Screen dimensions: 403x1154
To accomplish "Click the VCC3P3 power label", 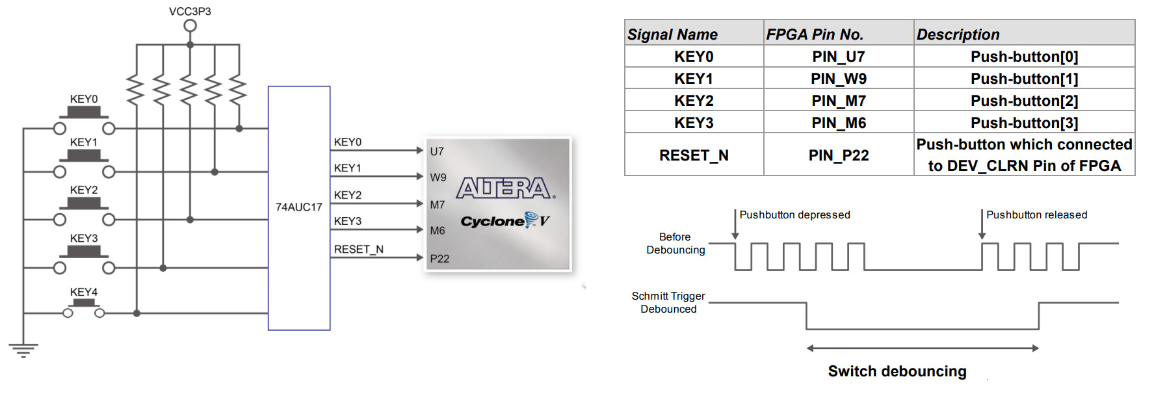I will tap(190, 11).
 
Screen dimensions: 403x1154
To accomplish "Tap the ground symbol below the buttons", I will tap(23, 350).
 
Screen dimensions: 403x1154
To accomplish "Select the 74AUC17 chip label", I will tap(298, 207).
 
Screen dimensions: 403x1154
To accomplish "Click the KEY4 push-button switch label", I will tap(84, 292).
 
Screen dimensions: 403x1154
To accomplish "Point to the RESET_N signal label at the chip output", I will tap(358, 249).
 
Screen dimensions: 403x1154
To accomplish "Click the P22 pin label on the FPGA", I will tap(439, 259).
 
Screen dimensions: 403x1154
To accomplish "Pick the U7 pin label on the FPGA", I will tap(437, 151).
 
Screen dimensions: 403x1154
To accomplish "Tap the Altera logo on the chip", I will tap(505, 188).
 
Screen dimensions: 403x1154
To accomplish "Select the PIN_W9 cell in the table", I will tap(838, 79).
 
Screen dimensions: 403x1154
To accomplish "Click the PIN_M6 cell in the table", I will tap(838, 123).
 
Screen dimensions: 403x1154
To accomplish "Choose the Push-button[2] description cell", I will tap(1024, 101).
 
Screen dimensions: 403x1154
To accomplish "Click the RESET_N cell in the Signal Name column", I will tap(694, 155).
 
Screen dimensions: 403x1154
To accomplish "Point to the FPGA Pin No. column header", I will tap(814, 34).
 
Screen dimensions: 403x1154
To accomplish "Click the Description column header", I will tap(958, 34).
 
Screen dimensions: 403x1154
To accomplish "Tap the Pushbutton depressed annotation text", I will tap(794, 214).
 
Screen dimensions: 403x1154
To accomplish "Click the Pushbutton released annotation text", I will tap(1036, 214).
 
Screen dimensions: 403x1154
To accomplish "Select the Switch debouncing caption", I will tap(897, 371).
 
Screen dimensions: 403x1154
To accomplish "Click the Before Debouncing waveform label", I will tap(675, 243).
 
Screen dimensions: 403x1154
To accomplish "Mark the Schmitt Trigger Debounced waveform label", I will tap(668, 302).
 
